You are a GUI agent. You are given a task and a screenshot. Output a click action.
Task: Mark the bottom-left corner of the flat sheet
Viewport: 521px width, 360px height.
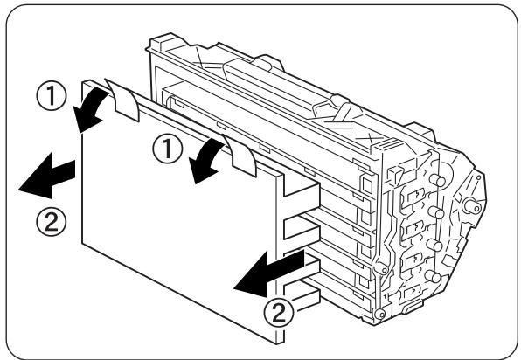pos(82,241)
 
